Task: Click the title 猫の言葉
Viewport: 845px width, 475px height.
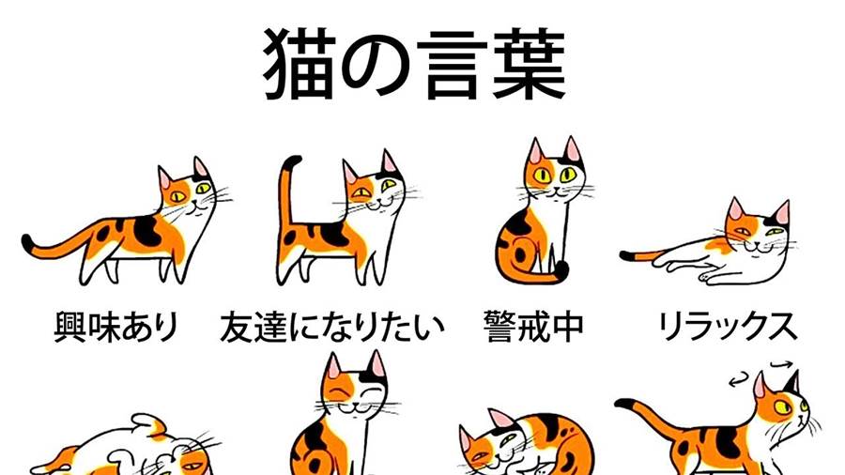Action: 414,65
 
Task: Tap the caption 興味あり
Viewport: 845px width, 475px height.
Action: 116,327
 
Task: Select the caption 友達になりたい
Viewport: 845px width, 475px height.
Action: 332,327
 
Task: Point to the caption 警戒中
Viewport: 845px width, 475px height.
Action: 533,327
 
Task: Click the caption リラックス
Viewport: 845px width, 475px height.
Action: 728,327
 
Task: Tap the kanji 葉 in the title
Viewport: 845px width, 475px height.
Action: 530,65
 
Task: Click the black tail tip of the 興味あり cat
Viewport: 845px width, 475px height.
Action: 27,242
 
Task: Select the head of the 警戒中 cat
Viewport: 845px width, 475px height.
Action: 554,170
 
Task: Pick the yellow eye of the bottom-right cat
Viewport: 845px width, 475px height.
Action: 781,406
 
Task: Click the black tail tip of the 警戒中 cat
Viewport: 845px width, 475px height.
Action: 561,268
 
